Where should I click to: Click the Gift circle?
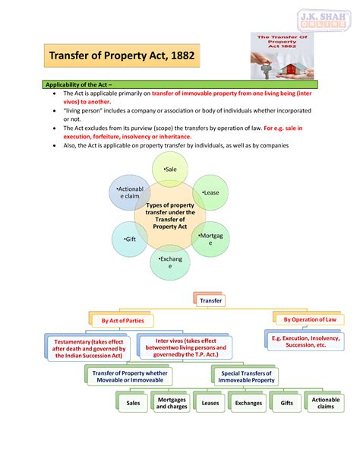point(130,239)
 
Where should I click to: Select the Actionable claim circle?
point(130,192)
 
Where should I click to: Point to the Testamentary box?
point(88,348)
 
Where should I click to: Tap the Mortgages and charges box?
point(172,402)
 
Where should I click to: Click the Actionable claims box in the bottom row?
point(325,402)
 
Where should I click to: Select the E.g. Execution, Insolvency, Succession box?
point(305,341)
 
